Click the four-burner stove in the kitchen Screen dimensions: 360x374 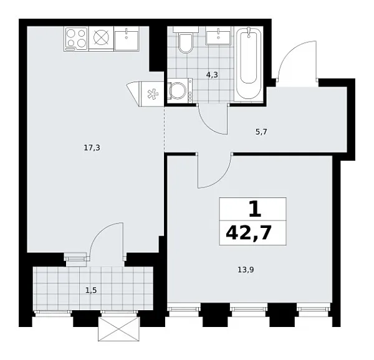(76, 39)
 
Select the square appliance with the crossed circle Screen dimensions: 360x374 (101, 39)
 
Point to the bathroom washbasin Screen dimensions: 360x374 (219, 36)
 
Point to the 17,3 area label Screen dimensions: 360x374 (91, 148)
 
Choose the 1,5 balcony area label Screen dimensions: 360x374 (92, 290)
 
